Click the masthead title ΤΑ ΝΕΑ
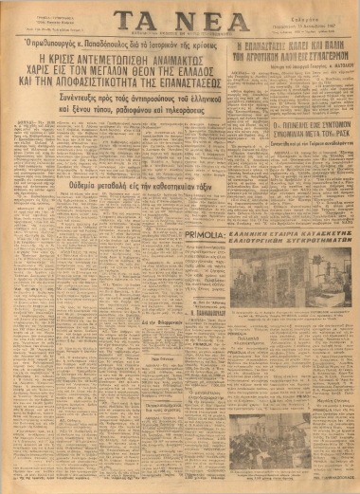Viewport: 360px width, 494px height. point(179,23)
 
